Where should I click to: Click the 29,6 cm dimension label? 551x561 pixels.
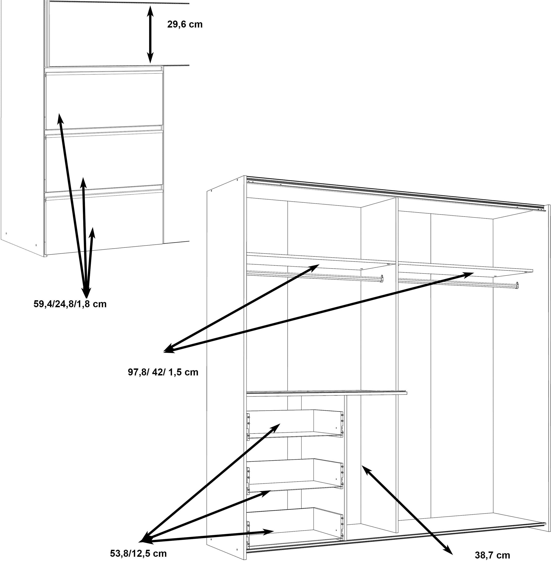(x=185, y=24)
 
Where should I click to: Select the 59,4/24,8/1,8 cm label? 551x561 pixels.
(x=70, y=304)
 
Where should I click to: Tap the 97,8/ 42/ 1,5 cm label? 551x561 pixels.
(x=163, y=372)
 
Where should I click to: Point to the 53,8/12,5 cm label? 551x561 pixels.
(x=138, y=554)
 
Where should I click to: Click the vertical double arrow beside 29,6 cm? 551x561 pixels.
(x=150, y=34)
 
